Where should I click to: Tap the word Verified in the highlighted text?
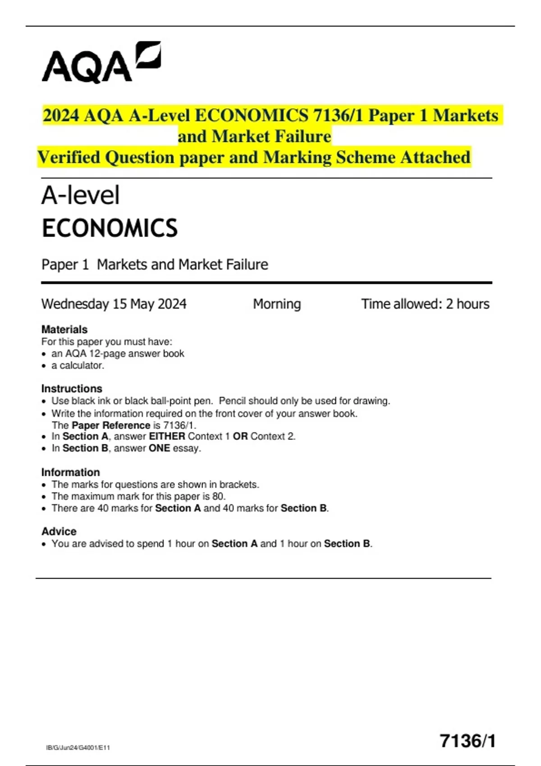69,157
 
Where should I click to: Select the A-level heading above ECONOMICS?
81,196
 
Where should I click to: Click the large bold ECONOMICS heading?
110,228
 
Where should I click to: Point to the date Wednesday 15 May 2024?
114,304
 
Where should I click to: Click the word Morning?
277,304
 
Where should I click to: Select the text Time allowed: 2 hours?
425,304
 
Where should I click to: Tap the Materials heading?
64,329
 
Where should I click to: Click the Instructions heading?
72,388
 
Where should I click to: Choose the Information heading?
71,472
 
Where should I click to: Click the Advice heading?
59,531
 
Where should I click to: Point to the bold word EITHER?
167,436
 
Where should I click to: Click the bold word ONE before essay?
159,448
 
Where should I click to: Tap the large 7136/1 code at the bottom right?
468,741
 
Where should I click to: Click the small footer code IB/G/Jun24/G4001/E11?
78,748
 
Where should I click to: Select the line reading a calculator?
78,365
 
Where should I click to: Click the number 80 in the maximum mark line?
218,497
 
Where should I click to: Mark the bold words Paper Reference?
111,425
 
